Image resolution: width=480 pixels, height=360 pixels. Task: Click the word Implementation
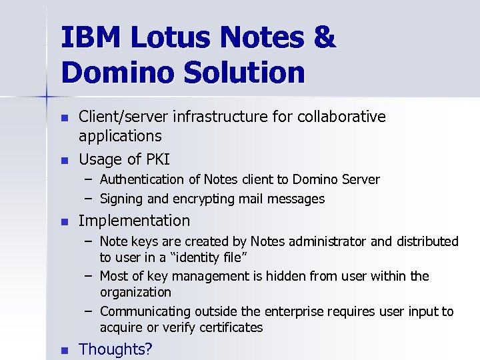pos(134,221)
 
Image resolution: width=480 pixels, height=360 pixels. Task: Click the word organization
pos(135,293)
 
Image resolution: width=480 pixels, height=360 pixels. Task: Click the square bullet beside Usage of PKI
pos(64,160)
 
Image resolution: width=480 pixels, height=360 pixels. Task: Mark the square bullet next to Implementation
pos(64,221)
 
